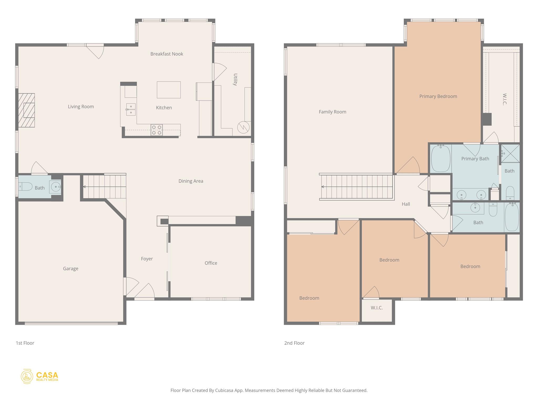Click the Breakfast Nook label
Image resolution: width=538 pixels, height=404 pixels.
pos(167,54)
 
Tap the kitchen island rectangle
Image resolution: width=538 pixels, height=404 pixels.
pos(169,90)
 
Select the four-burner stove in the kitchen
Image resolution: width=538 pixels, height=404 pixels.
pos(156,130)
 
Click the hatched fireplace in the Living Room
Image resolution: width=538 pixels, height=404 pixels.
pos(27,110)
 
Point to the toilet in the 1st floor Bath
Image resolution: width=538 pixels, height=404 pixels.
pos(25,186)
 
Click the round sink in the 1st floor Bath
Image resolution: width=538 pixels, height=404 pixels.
pos(55,187)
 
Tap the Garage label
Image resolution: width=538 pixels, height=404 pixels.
pos(70,269)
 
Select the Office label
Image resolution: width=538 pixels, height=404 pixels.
pos(211,263)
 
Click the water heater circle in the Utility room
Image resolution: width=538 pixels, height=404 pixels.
pos(243,128)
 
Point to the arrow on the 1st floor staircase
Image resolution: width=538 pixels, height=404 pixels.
pos(84,187)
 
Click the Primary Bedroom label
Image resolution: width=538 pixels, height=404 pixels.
pos(438,96)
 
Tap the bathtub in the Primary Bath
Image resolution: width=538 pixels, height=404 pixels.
pos(441,159)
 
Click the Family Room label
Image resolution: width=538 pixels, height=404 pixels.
pos(332,112)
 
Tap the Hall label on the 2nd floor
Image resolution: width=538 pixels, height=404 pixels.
pos(406,204)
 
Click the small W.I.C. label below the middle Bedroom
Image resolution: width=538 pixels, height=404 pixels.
pos(376,308)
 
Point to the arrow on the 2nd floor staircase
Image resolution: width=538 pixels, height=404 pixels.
pos(323,187)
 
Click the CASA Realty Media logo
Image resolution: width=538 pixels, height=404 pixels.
pos(40,376)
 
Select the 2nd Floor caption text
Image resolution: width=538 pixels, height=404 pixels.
pos(294,343)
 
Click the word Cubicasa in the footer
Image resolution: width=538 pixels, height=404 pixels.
pos(224,390)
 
